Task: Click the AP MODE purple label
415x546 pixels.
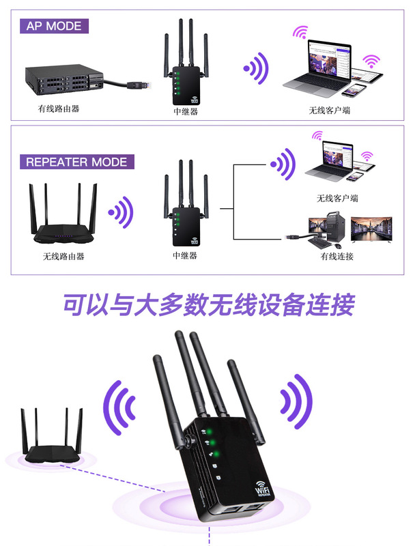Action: (54, 26)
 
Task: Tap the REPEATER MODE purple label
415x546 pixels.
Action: (76, 162)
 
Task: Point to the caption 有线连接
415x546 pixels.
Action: (337, 257)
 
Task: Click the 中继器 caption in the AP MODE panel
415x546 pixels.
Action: (186, 111)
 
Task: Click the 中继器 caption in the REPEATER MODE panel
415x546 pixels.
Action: (185, 256)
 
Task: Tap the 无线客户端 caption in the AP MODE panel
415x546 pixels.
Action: (330, 111)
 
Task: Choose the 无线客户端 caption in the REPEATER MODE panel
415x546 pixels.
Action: (337, 198)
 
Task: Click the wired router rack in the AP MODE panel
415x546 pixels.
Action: (64, 79)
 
